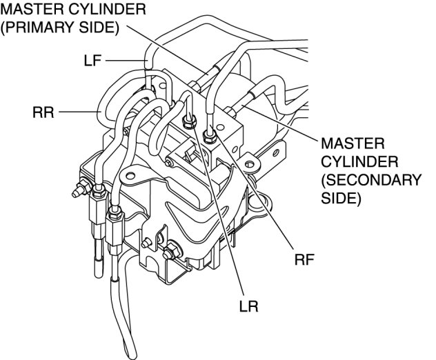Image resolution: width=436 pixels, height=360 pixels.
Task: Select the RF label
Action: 304,260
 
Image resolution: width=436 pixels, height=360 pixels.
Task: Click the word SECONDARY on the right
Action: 377,181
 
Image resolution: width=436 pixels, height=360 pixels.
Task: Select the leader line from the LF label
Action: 124,61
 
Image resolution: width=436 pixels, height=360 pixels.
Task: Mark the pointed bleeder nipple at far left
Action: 76,190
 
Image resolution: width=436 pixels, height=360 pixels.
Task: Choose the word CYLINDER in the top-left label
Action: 110,10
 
